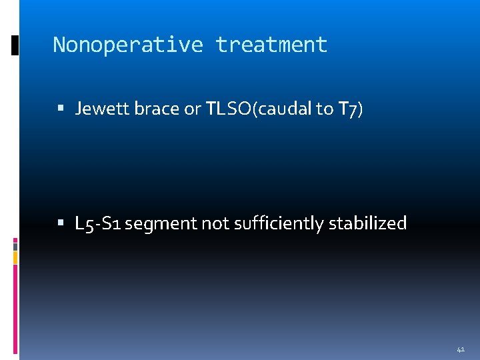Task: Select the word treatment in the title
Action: (x=271, y=45)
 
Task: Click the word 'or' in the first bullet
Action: (x=192, y=109)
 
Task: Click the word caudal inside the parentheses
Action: (x=286, y=109)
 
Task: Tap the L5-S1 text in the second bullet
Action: (x=98, y=223)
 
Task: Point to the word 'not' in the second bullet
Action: (x=215, y=223)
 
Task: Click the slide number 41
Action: (x=461, y=349)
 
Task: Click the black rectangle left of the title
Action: (x=15, y=45)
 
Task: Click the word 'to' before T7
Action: (x=325, y=109)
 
